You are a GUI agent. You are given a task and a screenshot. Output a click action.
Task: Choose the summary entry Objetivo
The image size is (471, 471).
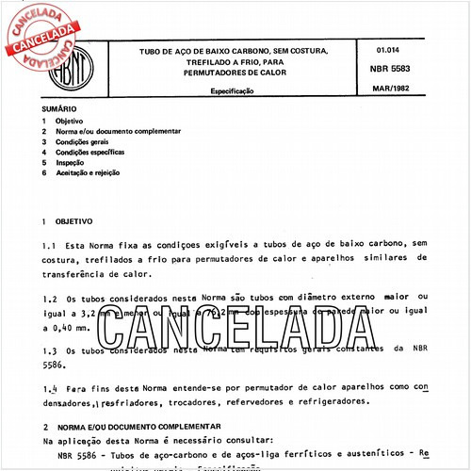[72, 122]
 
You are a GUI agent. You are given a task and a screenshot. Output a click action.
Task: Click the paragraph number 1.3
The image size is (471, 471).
[51, 349]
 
